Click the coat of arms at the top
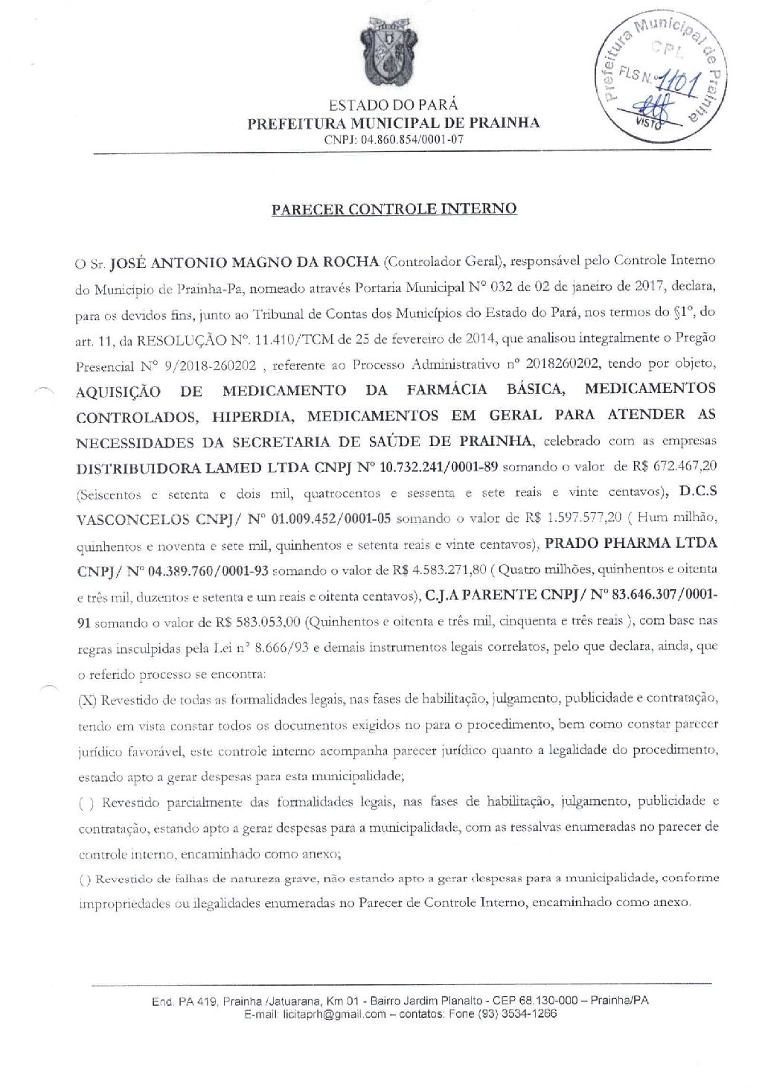point(383,51)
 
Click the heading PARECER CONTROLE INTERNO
point(394,208)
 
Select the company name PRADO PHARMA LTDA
point(632,543)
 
